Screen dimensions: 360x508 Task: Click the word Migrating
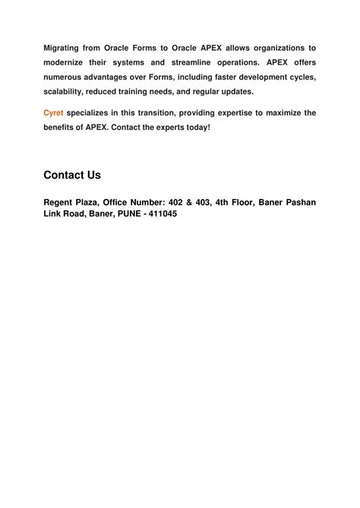coord(63,48)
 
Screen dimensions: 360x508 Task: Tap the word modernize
coord(67,62)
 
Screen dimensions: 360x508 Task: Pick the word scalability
coord(66,91)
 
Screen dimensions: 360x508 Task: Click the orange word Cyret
coord(53,112)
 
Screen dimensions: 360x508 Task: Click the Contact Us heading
coord(72,175)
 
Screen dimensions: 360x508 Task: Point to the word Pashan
coord(298,202)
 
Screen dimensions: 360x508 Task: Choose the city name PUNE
coord(136,215)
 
